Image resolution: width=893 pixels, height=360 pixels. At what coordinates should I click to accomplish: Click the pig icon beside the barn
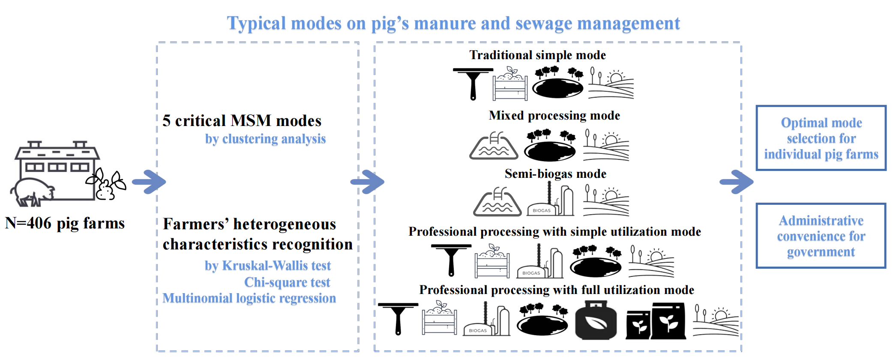32,192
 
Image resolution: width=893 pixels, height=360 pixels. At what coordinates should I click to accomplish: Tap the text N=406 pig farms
65,223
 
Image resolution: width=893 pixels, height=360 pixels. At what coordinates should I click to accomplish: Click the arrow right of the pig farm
149,182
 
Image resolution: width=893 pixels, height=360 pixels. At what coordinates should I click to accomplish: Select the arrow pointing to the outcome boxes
736,182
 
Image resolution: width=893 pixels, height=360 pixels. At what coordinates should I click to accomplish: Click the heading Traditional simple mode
537,55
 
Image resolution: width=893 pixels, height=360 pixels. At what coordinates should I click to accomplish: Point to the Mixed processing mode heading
554,116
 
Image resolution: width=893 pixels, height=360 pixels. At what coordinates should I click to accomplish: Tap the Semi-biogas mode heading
555,174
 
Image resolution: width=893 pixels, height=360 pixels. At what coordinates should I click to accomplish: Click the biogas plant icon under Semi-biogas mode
551,200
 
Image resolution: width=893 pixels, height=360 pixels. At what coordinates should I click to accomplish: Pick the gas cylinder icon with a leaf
596,320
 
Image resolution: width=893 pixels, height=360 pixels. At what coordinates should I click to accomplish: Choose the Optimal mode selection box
821,138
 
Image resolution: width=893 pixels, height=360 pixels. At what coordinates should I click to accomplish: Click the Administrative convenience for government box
821,236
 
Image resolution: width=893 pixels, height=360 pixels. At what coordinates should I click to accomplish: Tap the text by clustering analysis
265,139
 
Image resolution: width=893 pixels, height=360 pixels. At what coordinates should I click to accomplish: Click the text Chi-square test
287,282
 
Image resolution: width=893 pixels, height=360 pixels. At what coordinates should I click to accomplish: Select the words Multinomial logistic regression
249,298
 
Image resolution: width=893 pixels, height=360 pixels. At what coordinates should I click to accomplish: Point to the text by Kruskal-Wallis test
267,266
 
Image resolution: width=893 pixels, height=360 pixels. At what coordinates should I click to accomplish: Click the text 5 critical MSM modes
242,121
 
